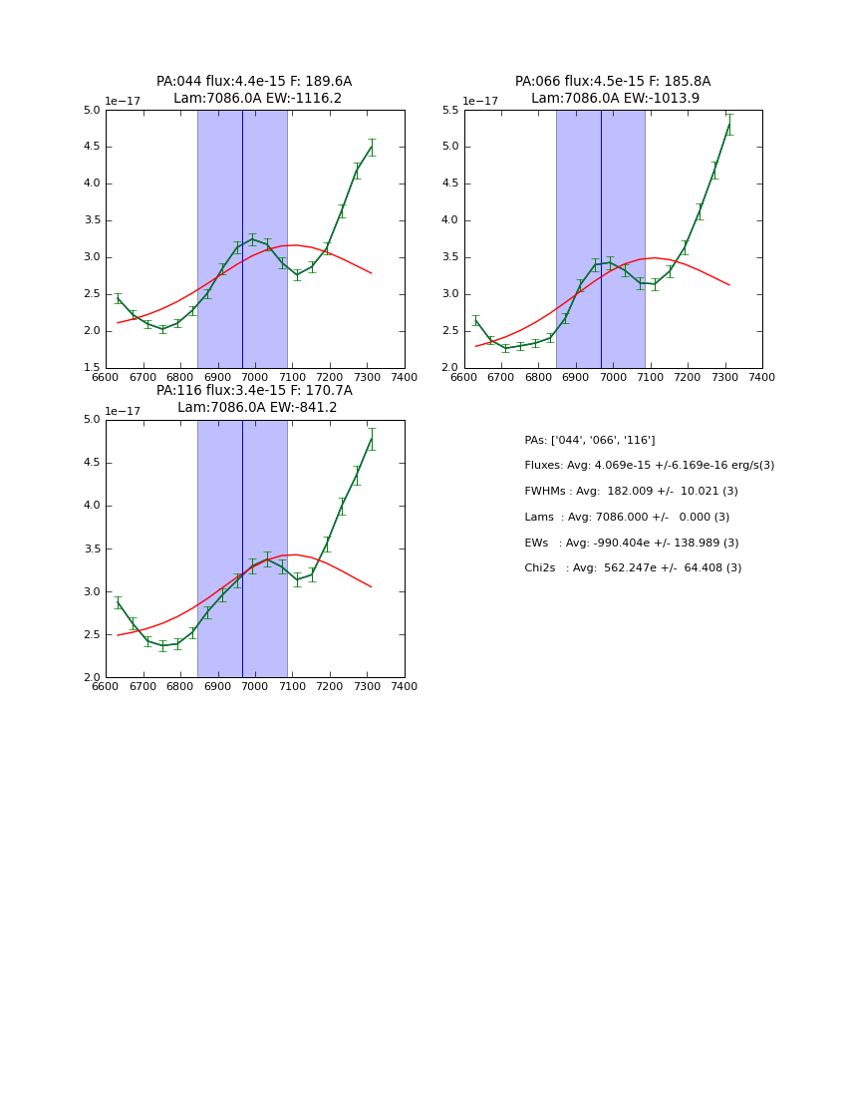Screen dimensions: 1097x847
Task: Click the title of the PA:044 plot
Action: [x=254, y=90]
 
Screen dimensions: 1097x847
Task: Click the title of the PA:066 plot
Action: [x=613, y=90]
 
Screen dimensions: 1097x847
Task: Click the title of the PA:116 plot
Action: [x=254, y=399]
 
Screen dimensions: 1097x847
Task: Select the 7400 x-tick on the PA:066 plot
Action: [x=762, y=377]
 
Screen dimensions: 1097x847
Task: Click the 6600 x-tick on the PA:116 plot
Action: [x=106, y=686]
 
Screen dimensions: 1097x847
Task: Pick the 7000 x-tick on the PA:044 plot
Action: [x=255, y=377]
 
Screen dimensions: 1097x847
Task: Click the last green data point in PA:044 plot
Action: [x=372, y=147]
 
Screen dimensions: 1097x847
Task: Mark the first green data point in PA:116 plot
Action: [x=118, y=603]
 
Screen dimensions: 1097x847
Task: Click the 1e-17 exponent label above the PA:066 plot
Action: [x=480, y=102]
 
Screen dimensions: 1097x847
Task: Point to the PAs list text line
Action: [x=590, y=440]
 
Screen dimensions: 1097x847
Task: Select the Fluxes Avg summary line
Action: [x=649, y=466]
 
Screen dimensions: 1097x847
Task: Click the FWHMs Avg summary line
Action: [x=631, y=492]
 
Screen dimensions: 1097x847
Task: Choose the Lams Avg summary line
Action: [x=627, y=518]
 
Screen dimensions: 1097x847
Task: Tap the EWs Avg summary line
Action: [x=631, y=544]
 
